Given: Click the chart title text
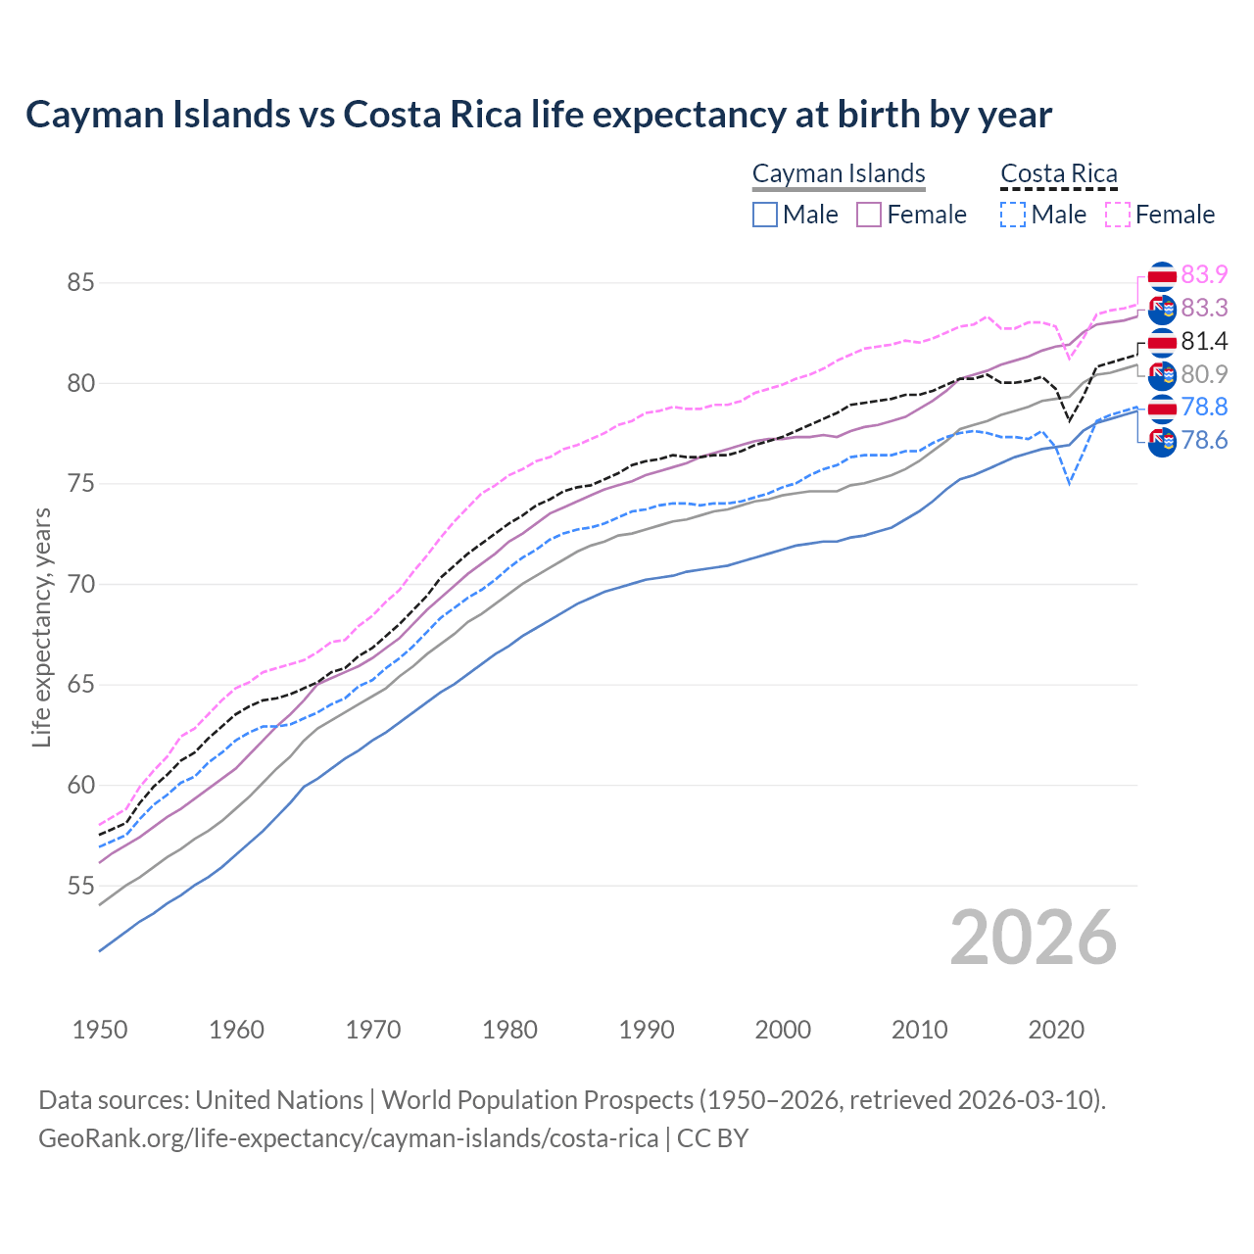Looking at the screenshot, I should [x=538, y=115].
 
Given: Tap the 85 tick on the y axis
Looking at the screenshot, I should [x=80, y=283].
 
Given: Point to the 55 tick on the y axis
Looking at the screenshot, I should [x=80, y=887].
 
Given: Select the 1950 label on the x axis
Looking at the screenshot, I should [x=100, y=1030].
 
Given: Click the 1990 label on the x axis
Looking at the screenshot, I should [x=647, y=1030].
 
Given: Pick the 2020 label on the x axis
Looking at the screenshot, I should [x=1056, y=1030].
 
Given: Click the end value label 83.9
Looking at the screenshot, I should [x=1204, y=275].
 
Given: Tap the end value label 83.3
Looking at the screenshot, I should [x=1204, y=309].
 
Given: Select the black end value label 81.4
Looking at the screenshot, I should [x=1204, y=342].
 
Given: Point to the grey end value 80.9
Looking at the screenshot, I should [x=1204, y=374].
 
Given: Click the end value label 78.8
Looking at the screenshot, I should [x=1204, y=408].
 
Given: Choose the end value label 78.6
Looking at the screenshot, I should [x=1204, y=441].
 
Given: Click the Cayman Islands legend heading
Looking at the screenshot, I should [x=839, y=173].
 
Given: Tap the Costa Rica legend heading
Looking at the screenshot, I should [x=1058, y=173].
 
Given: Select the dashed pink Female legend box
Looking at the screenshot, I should [x=1117, y=215].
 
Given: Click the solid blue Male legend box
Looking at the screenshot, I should [x=765, y=215].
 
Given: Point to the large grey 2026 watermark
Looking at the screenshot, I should [x=1033, y=939].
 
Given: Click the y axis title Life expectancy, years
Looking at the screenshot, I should [x=41, y=627].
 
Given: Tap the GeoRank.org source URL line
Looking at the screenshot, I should [x=393, y=1138].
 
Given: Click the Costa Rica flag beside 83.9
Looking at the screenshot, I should [x=1162, y=276].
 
